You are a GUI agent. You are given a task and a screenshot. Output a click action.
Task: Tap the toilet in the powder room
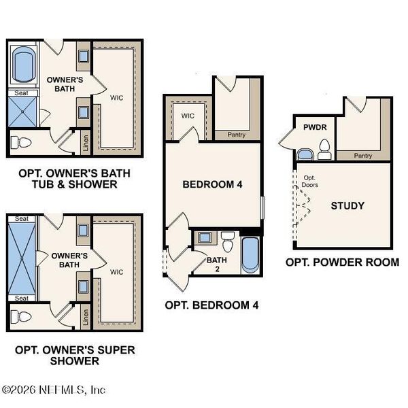(324, 149)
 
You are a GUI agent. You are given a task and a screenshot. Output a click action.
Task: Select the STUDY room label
(347, 205)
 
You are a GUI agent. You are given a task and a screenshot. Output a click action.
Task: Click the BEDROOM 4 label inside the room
(211, 184)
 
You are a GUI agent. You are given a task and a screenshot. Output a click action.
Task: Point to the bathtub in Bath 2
(250, 254)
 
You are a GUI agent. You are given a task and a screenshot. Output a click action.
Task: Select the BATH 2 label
(216, 262)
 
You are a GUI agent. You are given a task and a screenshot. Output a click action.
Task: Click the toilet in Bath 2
(228, 240)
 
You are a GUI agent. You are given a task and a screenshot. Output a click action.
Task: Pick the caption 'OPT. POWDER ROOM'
(342, 262)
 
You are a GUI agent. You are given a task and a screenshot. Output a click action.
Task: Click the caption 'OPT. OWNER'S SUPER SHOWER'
(75, 356)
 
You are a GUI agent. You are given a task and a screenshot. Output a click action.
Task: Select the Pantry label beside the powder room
(363, 156)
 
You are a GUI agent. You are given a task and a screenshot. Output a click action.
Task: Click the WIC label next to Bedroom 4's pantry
(187, 116)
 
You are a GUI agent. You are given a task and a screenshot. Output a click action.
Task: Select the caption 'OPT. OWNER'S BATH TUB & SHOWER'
(75, 179)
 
